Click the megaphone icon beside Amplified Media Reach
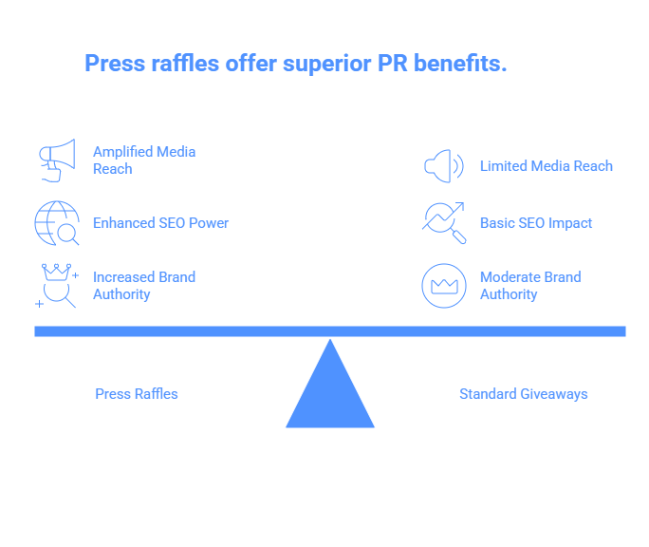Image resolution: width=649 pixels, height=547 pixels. pos(56,160)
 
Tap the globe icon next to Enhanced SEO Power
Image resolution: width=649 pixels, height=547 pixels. pos(56,223)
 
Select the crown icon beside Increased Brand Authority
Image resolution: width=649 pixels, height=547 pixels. pos(57,286)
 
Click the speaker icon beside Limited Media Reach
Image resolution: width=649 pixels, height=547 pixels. pos(443,166)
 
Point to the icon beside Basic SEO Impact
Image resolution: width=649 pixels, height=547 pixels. pos(443,223)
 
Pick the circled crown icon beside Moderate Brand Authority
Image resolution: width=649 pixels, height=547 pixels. pos(443,286)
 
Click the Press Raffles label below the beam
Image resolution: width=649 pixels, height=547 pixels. pos(137,394)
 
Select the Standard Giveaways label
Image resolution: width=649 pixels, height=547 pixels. pos(523,394)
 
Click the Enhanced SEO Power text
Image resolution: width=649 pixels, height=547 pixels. pos(160,223)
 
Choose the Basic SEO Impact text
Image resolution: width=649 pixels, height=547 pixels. pos(535,223)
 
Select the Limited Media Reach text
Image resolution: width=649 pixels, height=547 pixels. pos(546,166)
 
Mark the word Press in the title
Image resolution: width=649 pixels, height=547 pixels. pos(113,64)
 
